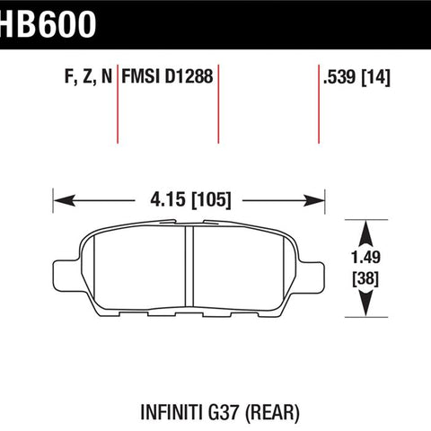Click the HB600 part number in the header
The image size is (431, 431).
(x=48, y=24)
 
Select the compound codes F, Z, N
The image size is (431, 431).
(x=88, y=76)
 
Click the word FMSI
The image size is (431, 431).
(x=140, y=76)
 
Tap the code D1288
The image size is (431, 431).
(x=189, y=76)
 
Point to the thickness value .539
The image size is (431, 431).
(x=339, y=76)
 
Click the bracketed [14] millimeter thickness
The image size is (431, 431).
(x=376, y=77)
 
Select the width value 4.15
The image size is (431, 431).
(x=168, y=199)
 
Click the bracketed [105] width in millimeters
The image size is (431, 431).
(x=211, y=200)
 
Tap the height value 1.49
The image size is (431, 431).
(x=365, y=258)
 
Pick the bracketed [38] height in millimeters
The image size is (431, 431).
(x=365, y=279)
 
